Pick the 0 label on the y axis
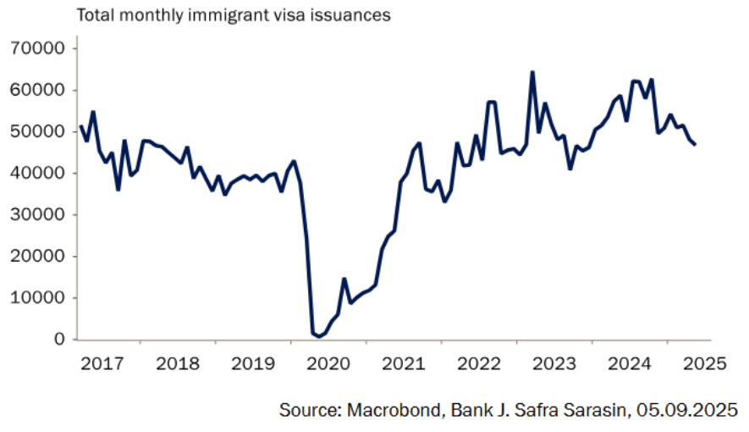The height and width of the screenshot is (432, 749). pos(59,339)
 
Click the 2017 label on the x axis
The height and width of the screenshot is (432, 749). pos(102,363)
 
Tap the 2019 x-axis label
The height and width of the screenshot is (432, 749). pos(253,363)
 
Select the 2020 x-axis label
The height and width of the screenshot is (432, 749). pos(328,363)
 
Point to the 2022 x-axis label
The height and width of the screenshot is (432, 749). pos(479,363)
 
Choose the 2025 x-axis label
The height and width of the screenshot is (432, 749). pos(705,363)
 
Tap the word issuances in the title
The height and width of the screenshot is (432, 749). pos(349,16)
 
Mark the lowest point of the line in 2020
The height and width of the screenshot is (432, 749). pos(318,336)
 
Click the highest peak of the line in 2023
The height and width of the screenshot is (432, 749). pos(532,72)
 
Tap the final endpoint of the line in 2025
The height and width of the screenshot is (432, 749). pos(695,145)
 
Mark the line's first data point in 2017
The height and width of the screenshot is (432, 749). pos(80,126)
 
